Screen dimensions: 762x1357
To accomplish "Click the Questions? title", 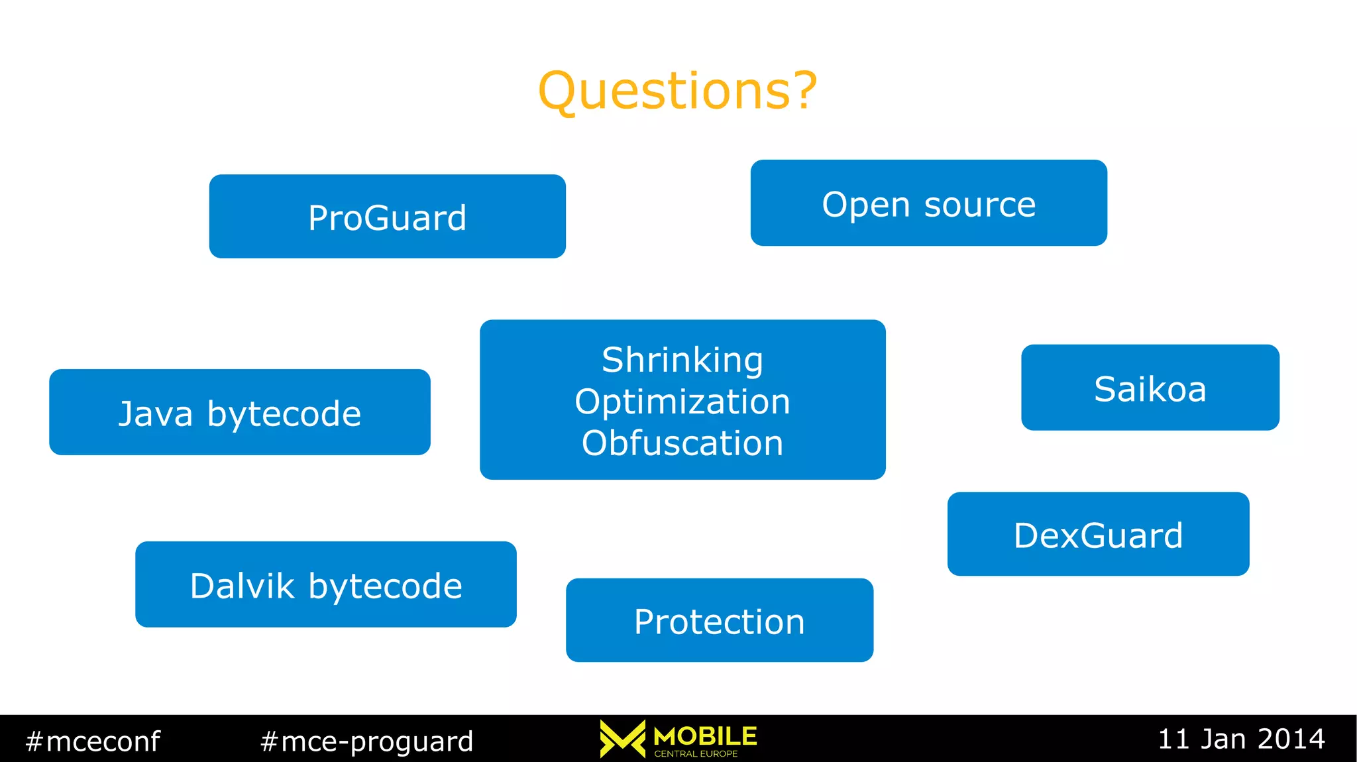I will click(x=677, y=91).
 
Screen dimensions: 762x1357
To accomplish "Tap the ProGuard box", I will click(x=387, y=217).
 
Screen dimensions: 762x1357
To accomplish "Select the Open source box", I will click(x=928, y=203).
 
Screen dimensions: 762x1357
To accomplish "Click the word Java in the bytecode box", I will click(x=156, y=413).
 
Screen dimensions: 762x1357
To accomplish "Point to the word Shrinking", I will click(x=682, y=360).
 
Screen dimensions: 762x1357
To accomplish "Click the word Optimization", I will click(x=682, y=402).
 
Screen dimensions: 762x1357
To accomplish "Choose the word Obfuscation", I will click(x=682, y=443).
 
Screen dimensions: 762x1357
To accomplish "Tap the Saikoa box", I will click(x=1150, y=388).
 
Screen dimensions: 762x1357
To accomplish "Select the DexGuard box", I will click(x=1098, y=534).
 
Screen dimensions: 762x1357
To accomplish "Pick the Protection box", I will click(x=719, y=621).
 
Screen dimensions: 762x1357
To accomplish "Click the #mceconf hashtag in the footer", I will click(x=93, y=741).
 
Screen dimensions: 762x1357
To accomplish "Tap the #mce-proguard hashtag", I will click(x=366, y=741).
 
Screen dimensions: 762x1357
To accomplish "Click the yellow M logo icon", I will click(x=622, y=738).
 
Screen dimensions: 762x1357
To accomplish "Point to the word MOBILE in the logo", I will click(x=705, y=735).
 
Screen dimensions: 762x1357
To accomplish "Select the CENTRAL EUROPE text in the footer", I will click(x=696, y=754).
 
